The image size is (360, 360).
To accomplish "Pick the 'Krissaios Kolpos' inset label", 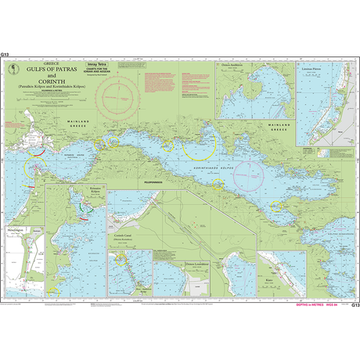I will click(x=91, y=190).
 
